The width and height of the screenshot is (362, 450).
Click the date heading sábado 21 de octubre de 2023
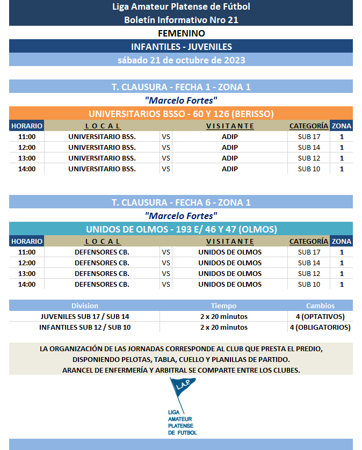181,60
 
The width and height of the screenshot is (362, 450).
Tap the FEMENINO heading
181,33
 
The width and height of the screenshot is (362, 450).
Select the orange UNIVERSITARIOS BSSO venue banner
181,114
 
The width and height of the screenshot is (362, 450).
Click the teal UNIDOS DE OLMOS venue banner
181,229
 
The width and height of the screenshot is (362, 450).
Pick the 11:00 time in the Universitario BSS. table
27,136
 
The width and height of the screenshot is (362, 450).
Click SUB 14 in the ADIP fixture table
309,147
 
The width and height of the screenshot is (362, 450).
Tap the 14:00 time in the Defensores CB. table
27,284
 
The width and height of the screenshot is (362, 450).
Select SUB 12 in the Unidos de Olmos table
309,273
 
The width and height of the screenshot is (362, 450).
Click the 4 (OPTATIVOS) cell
320,316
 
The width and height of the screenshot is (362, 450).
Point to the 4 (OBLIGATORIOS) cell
320,327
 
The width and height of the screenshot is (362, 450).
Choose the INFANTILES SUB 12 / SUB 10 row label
85,327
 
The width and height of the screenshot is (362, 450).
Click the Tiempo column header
223,306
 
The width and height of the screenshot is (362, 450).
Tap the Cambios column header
320,306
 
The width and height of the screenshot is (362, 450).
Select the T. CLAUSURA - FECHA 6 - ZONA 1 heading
181,202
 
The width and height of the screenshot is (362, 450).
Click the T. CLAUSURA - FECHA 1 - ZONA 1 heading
181,87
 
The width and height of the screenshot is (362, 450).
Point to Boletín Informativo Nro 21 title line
181,20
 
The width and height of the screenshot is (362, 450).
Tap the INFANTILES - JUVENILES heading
181,47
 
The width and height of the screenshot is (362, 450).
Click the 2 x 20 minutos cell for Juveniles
223,316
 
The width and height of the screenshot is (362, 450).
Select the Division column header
85,306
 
